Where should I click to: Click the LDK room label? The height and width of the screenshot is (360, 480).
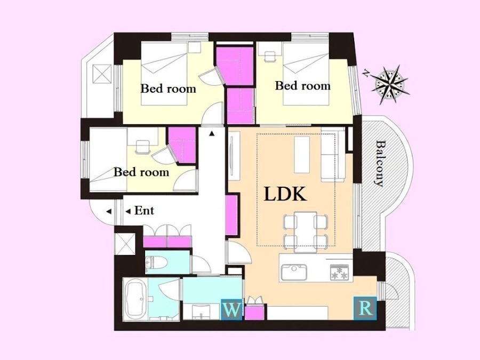tap(285, 194)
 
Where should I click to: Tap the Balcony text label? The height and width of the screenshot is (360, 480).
tap(380, 163)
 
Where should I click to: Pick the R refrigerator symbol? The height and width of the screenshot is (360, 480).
tap(365, 308)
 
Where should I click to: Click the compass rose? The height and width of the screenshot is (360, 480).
tap(390, 84)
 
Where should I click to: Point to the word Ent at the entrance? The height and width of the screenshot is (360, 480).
tap(144, 211)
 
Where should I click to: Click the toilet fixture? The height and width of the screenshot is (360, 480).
tap(156, 262)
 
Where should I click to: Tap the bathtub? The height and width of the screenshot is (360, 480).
tap(135, 299)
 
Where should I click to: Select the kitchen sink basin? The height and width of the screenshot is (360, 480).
tap(294, 273)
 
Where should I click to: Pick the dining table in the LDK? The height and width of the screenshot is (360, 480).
tap(305, 232)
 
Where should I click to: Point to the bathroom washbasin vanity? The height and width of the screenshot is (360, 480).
tap(201, 312)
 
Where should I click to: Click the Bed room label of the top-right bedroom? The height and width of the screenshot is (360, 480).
tap(303, 85)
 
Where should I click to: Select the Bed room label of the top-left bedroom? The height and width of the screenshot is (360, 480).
tap(169, 89)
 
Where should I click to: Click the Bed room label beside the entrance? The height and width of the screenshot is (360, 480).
tap(141, 172)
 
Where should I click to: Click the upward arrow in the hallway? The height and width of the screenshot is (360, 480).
tap(212, 133)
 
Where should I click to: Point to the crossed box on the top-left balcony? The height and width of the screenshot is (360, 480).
tap(102, 74)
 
